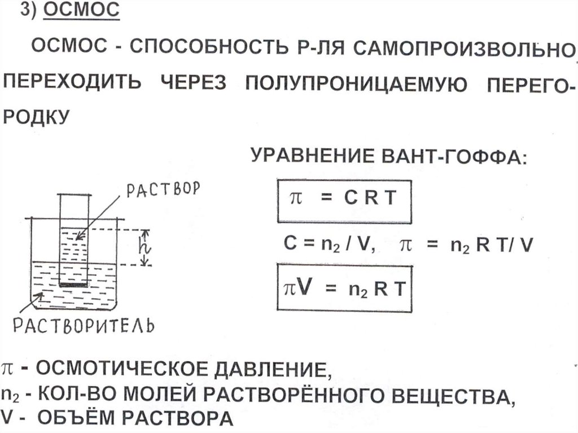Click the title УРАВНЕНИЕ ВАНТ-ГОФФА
click(388, 156)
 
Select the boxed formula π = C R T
click(343, 200)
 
